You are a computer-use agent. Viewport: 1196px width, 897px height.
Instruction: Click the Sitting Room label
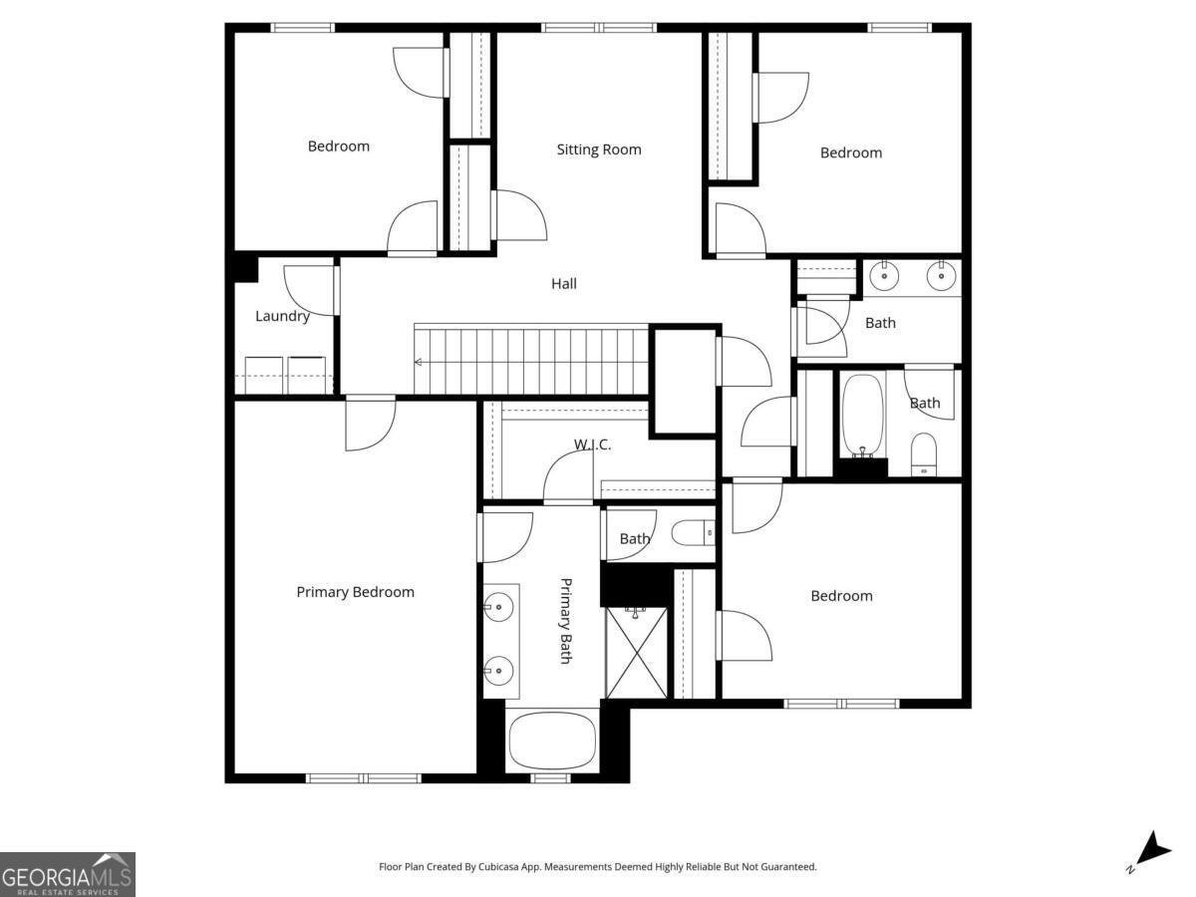pyautogui.click(x=598, y=149)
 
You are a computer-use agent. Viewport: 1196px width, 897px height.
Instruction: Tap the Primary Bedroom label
pyautogui.click(x=355, y=592)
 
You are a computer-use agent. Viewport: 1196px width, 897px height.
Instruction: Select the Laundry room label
pyautogui.click(x=282, y=316)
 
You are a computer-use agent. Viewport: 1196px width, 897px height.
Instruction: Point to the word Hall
pyautogui.click(x=564, y=284)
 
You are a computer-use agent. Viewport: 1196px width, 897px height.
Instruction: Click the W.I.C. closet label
pyautogui.click(x=592, y=445)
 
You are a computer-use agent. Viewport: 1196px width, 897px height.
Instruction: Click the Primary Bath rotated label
pyautogui.click(x=565, y=621)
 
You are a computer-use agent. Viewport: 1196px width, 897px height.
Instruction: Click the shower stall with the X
pyautogui.click(x=636, y=653)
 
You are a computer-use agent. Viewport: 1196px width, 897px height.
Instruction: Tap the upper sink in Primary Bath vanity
pyautogui.click(x=498, y=605)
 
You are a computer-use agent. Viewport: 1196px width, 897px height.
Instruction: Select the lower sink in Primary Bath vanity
pyautogui.click(x=498, y=668)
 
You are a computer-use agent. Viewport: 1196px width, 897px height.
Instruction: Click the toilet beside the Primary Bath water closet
pyautogui.click(x=694, y=534)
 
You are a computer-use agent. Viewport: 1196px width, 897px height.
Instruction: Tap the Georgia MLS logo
pyautogui.click(x=68, y=874)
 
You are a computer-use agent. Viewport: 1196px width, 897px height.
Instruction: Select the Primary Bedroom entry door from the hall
pyautogui.click(x=370, y=424)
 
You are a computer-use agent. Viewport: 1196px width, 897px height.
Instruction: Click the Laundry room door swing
pyautogui.click(x=309, y=290)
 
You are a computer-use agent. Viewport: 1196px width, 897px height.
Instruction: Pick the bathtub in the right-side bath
pyautogui.click(x=862, y=416)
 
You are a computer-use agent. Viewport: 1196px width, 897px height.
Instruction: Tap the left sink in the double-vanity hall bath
pyautogui.click(x=882, y=275)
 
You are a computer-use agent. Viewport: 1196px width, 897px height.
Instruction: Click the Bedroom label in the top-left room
pyautogui.click(x=338, y=147)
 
